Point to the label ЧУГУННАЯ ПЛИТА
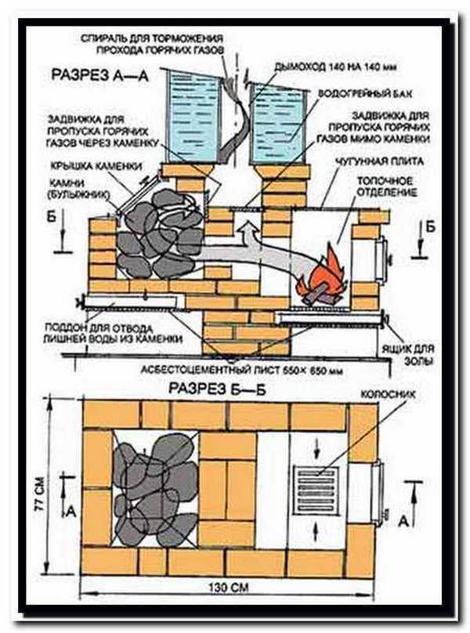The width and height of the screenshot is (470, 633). click(380, 163)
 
